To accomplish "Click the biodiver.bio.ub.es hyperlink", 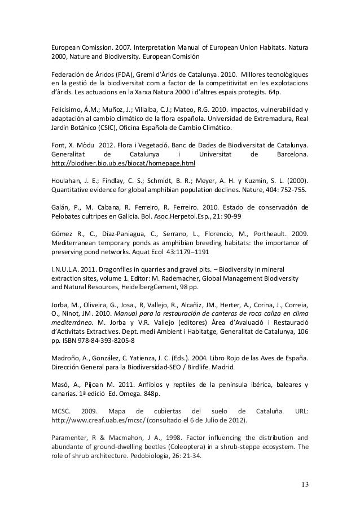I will pyautogui.click(x=123, y=163).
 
